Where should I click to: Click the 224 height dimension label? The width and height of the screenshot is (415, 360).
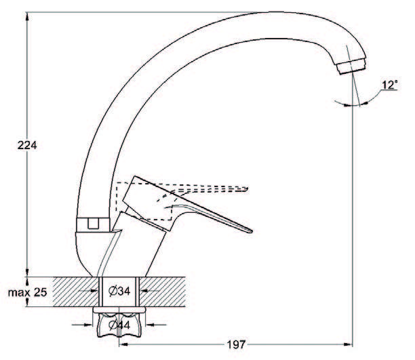pyautogui.click(x=27, y=145)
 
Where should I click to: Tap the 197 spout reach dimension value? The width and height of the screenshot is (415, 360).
pyautogui.click(x=236, y=344)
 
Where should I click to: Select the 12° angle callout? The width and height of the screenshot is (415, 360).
pyautogui.click(x=390, y=85)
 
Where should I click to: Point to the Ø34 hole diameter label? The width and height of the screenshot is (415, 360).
pyautogui.click(x=119, y=291)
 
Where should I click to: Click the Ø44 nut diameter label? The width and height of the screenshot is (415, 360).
pyautogui.click(x=119, y=325)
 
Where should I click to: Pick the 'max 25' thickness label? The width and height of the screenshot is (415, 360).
pyautogui.click(x=27, y=292)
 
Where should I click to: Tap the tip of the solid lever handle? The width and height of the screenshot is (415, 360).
pyautogui.click(x=251, y=231)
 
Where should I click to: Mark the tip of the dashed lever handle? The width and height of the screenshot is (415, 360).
pyautogui.click(x=247, y=188)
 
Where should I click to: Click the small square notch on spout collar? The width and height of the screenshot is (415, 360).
pyautogui.click(x=93, y=223)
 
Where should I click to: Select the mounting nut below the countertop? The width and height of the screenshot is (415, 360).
pyautogui.click(x=119, y=325)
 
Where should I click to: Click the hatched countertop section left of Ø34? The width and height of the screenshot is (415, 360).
pyautogui.click(x=76, y=292)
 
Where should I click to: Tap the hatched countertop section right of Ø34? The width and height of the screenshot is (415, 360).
pyautogui.click(x=162, y=292)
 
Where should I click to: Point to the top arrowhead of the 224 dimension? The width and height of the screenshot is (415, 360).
pyautogui.click(x=27, y=16)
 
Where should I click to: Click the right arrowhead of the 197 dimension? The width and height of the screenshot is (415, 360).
pyautogui.click(x=349, y=344)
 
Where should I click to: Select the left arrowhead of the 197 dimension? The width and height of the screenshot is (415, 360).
pyautogui.click(x=123, y=344)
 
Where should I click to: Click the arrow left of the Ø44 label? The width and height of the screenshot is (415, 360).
pyautogui.click(x=82, y=325)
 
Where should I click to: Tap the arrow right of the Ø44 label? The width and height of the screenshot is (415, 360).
pyautogui.click(x=156, y=325)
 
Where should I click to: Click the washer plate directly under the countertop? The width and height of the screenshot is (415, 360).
pyautogui.click(x=119, y=310)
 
